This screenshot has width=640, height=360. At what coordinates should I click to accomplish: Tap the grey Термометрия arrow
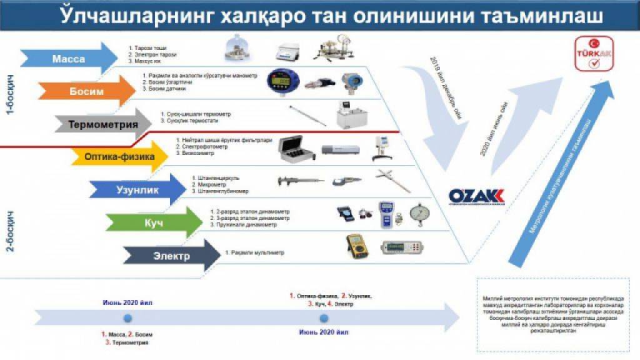pos(103,124)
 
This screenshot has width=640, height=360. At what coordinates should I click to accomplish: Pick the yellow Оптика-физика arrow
pos(119,157)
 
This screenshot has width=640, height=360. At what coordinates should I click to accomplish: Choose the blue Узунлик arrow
pos(137,189)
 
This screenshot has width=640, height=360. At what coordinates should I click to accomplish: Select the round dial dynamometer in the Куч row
pos(420,214)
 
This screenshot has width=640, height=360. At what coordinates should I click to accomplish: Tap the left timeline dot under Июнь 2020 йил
pos(127,317)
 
